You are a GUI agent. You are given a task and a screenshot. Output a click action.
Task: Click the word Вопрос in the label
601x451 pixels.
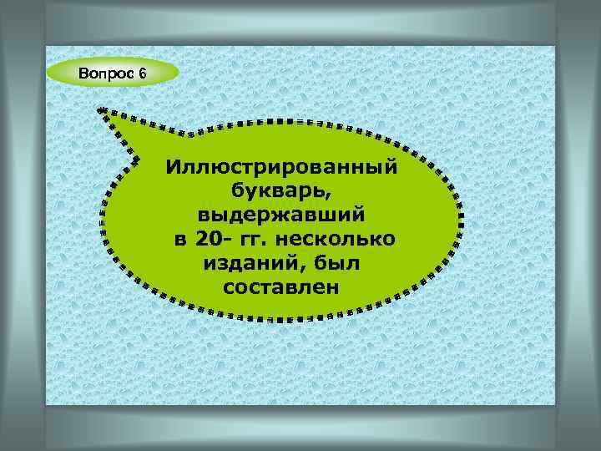point(107,73)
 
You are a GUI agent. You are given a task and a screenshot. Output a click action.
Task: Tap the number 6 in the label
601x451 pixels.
point(143,73)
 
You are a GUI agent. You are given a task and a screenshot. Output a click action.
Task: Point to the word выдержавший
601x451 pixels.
point(281,215)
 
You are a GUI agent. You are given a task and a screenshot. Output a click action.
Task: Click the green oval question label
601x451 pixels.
point(114,73)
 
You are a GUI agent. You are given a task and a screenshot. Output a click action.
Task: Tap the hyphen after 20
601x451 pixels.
point(225,241)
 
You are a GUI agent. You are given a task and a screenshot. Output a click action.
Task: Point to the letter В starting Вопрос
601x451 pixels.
point(83,73)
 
